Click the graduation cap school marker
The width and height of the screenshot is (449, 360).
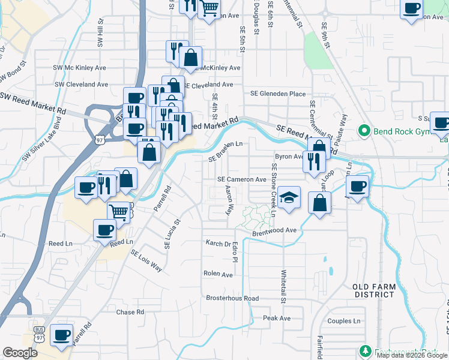289,198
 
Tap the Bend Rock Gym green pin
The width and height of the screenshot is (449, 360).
363,131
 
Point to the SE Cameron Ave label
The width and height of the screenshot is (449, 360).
241,179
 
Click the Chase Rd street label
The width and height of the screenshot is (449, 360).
130,312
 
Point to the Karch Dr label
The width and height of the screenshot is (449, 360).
218,244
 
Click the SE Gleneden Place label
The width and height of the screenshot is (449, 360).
278,94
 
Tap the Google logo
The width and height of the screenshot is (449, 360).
20,352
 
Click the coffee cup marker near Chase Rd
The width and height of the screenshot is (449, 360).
61,334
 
